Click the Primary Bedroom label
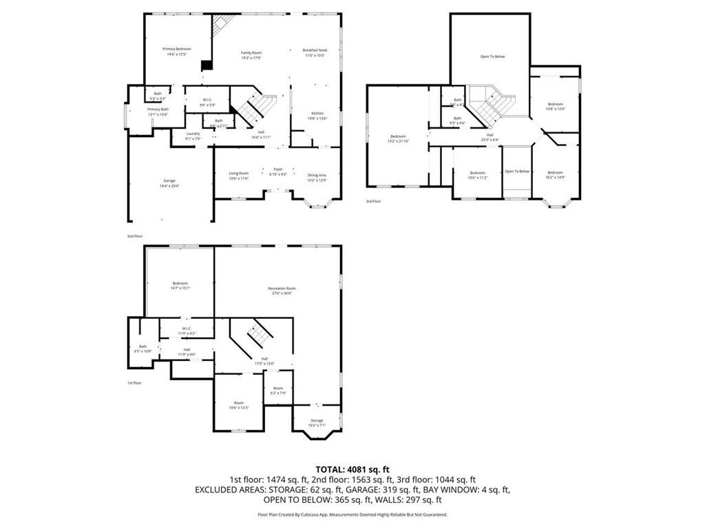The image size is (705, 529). coord(176,49)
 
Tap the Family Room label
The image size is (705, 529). coord(251,53)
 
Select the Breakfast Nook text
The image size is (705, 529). coord(315,50)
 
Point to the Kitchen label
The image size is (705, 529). coord(317,113)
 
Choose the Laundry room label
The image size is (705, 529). coord(193,134)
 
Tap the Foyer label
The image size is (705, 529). coord(278,169)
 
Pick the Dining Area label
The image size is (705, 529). coord(317,175)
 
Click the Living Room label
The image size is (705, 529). coord(239,173)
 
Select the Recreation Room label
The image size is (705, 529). coord(282,289)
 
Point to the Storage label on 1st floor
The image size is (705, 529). coord(317,420)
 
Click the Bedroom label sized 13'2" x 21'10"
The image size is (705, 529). coord(398,136)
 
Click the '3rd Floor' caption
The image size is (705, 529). coord(373,201)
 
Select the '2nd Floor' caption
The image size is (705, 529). coord(134,236)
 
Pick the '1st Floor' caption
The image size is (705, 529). coord(134,382)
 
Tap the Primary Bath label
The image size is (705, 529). coord(158,109)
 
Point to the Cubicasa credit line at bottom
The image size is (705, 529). coord(352,515)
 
